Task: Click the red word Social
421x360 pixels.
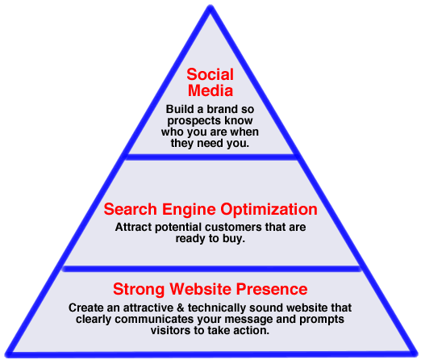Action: [210, 74]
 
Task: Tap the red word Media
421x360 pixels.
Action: [210, 90]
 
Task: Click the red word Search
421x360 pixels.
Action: [131, 209]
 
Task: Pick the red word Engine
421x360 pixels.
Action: [189, 210]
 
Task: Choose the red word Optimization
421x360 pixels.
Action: [269, 210]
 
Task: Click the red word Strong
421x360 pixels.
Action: [139, 289]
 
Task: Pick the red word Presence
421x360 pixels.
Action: [272, 289]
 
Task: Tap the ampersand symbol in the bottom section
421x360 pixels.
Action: [181, 308]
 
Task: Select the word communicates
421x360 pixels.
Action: [154, 320]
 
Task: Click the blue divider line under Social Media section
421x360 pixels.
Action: [210, 157]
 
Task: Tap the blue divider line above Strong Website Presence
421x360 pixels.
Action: [211, 269]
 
